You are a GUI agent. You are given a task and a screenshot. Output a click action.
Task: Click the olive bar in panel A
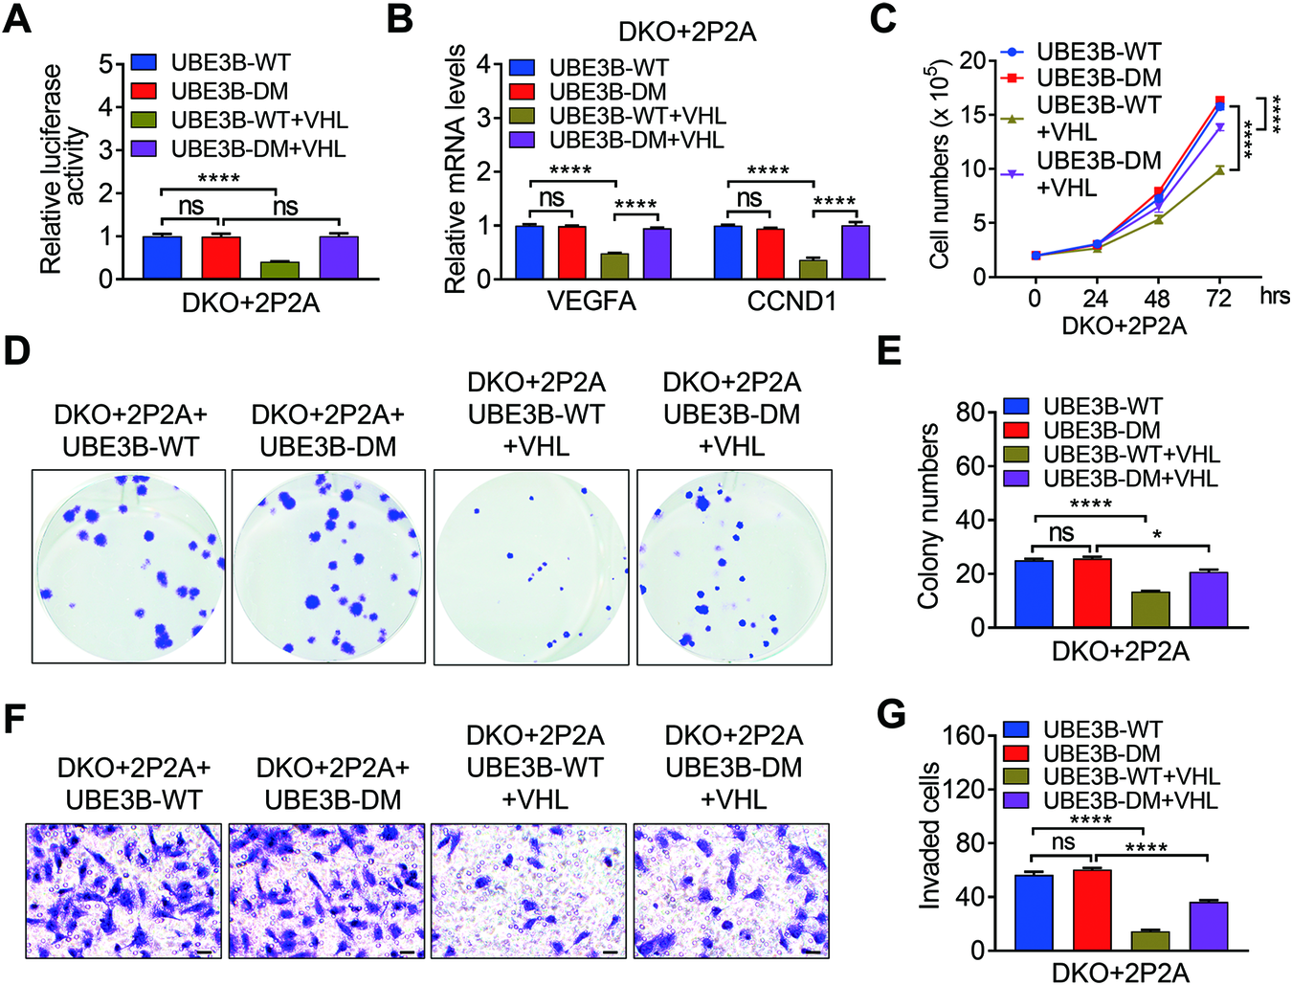point(279,270)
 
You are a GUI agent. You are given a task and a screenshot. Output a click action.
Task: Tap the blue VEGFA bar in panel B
point(529,253)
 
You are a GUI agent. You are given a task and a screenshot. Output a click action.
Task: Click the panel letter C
point(883,19)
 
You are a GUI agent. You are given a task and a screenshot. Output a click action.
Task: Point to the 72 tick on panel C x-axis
point(1218,298)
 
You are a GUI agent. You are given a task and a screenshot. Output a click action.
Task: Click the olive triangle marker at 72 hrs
point(1219,169)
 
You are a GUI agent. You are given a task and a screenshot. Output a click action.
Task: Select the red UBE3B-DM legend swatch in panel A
point(145,91)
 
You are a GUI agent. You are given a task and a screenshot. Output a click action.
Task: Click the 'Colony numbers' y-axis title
point(927,517)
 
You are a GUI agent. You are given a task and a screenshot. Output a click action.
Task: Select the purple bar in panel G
point(1209,926)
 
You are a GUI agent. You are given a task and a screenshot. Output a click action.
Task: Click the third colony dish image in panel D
point(531,567)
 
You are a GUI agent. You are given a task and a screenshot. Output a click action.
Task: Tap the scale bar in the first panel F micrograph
point(205,951)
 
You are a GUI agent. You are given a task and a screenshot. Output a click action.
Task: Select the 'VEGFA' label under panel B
point(591,302)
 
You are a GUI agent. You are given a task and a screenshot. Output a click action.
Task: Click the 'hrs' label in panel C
point(1274,296)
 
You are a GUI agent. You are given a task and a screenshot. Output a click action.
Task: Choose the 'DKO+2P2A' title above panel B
point(687,32)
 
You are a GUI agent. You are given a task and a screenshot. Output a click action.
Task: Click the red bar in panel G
point(1092,909)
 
